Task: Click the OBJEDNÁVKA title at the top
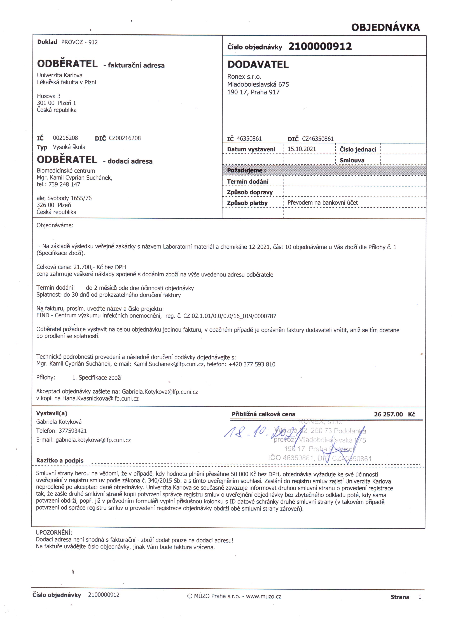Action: coord(385,27)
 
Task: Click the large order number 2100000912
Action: coord(320,46)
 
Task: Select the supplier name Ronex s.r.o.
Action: coord(244,77)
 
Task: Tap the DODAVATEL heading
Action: coord(258,65)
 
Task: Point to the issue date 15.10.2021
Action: coord(302,149)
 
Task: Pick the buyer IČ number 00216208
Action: coord(65,138)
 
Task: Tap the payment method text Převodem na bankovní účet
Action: coord(323,203)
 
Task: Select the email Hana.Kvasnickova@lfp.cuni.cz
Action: coord(100,399)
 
